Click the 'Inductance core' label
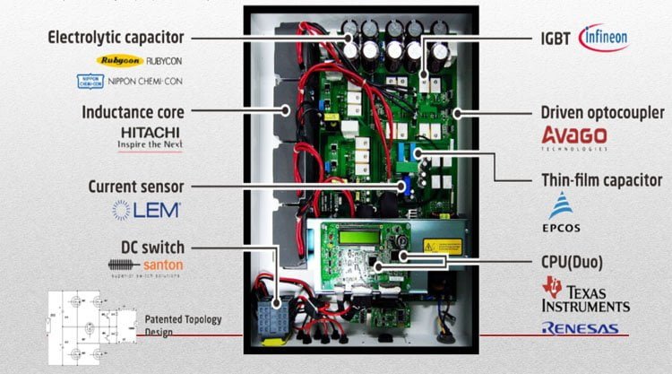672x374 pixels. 133,113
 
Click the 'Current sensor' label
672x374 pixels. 135,187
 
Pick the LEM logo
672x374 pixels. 147,211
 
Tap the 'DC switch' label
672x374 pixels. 154,246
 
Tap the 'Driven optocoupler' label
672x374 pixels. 602,113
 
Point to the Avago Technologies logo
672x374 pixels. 574,137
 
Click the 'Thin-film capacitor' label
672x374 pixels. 592,178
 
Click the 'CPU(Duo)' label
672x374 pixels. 572,262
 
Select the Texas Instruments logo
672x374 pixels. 584,294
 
